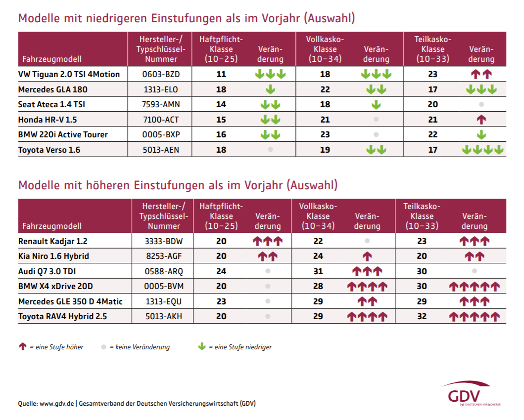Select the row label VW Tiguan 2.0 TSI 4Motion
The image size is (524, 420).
(x=69, y=74)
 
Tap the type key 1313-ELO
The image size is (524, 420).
(x=160, y=89)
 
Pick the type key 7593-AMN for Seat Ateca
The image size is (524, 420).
(x=160, y=105)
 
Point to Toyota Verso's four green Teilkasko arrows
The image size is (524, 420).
(x=482, y=150)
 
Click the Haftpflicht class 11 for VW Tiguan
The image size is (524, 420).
(x=221, y=74)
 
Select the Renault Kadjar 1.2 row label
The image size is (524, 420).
(x=53, y=241)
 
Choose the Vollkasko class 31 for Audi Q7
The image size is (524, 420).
(x=318, y=271)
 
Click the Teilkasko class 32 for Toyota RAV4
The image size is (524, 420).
(x=422, y=316)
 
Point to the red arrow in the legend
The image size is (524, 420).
(x=22, y=347)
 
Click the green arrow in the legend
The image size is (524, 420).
(x=201, y=347)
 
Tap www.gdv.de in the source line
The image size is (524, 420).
(x=57, y=403)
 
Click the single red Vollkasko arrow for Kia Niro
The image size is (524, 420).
(x=367, y=256)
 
